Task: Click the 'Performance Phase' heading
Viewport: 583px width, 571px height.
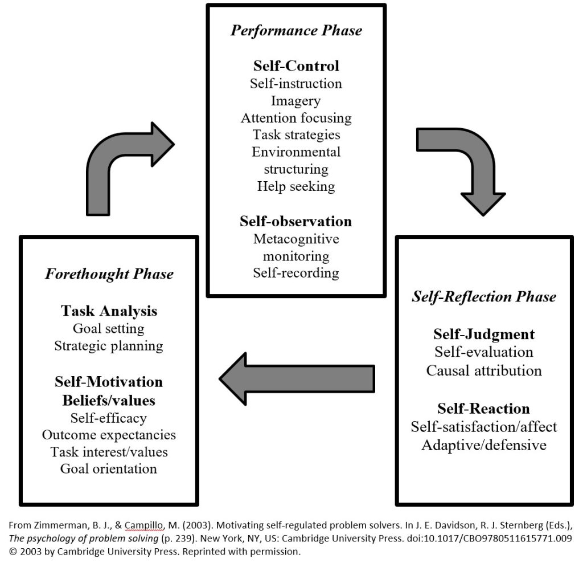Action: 296,30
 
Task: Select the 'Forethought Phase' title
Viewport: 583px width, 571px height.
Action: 109,274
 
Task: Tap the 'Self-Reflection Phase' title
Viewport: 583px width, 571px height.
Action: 484,296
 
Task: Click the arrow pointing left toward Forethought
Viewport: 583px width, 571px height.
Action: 296,377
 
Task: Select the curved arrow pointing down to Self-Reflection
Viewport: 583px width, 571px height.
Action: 464,165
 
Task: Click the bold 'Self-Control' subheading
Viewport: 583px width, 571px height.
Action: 296,66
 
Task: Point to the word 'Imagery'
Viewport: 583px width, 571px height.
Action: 296,101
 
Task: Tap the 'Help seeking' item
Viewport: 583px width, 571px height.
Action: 296,186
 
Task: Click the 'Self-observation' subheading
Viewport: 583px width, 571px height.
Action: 296,221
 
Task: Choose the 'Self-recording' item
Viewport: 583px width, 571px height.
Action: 296,272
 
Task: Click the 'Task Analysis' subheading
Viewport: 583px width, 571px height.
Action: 109,311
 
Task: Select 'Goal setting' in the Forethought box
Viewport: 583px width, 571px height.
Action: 109,328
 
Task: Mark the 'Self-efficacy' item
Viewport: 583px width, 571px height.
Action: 109,418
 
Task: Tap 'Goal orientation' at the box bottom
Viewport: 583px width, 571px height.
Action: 109,468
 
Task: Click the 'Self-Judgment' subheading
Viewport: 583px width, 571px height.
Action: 484,334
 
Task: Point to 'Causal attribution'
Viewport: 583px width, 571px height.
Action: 484,370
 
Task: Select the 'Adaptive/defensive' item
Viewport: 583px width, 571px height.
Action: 484,444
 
